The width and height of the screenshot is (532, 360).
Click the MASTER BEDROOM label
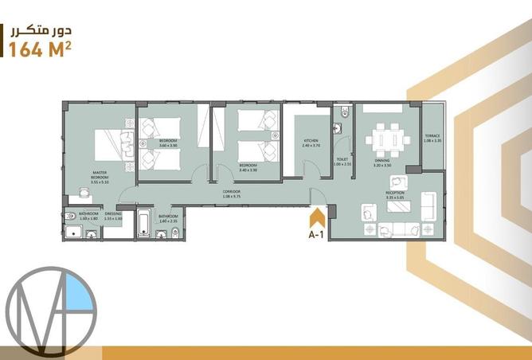(100, 176)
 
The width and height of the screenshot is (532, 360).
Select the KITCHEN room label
(311, 143)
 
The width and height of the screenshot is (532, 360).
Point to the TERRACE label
(432, 138)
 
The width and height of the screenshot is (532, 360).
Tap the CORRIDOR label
(232, 192)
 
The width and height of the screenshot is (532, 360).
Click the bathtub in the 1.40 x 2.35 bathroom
(145, 223)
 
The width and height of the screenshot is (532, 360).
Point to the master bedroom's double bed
(112, 148)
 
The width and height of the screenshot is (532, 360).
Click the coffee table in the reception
(397, 206)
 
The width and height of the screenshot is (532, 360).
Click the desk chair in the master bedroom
(84, 191)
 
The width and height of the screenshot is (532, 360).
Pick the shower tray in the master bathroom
(74, 231)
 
